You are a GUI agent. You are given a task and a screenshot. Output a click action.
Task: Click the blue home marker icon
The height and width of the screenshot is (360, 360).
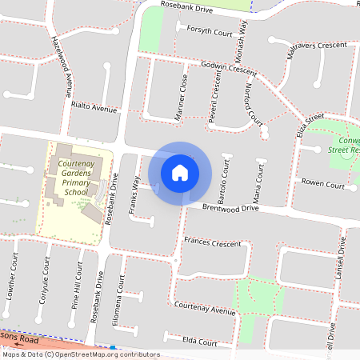pyautogui.click(x=180, y=172)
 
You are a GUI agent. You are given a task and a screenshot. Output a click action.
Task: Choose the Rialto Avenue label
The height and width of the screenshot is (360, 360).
pyautogui.click(x=94, y=108)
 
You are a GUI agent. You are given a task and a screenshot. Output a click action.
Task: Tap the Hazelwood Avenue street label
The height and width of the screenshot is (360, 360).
pyautogui.click(x=60, y=63)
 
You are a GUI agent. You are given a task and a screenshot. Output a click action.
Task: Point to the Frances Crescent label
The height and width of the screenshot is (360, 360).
pyautogui.click(x=212, y=242)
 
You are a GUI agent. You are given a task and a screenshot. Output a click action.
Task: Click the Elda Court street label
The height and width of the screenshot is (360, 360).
pyautogui.click(x=200, y=342)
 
